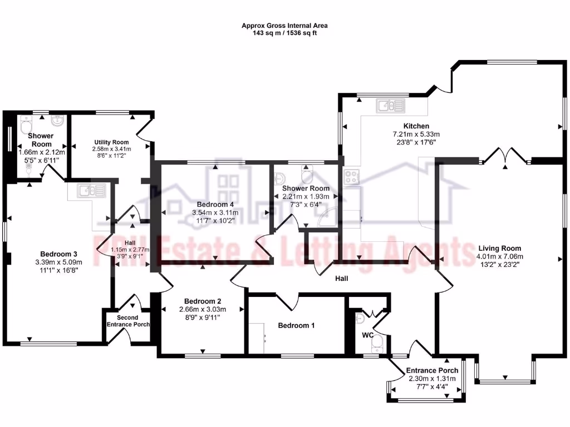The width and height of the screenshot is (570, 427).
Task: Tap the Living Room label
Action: [x=499, y=249]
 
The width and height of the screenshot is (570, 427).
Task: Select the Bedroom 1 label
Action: [x=296, y=325]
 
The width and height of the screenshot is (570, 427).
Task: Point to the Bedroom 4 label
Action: [x=215, y=203]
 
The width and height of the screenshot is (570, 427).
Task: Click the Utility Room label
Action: [x=111, y=142]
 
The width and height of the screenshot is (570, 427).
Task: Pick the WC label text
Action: [x=367, y=335]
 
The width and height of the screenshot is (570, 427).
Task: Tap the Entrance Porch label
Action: [x=432, y=370]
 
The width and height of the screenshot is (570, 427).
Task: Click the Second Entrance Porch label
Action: [x=127, y=321]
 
